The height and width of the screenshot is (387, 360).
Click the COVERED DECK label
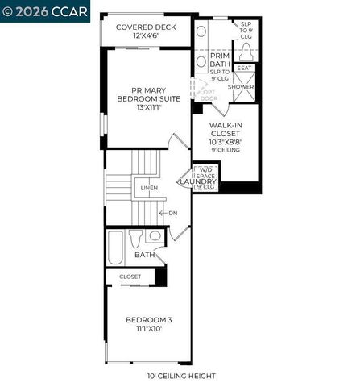147,27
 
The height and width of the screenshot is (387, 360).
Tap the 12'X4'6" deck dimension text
147,36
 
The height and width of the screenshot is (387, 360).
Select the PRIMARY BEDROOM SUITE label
147,95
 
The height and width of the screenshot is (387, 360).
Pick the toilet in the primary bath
246,50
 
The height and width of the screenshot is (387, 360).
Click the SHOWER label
241,86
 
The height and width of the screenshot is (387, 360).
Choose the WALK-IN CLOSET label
226,130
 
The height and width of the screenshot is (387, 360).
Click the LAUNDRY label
198,182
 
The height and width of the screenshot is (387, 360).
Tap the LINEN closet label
149,188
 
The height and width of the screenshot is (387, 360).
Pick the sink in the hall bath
155,236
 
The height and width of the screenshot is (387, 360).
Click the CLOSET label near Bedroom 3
130,276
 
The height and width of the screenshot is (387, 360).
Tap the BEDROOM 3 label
149,320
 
